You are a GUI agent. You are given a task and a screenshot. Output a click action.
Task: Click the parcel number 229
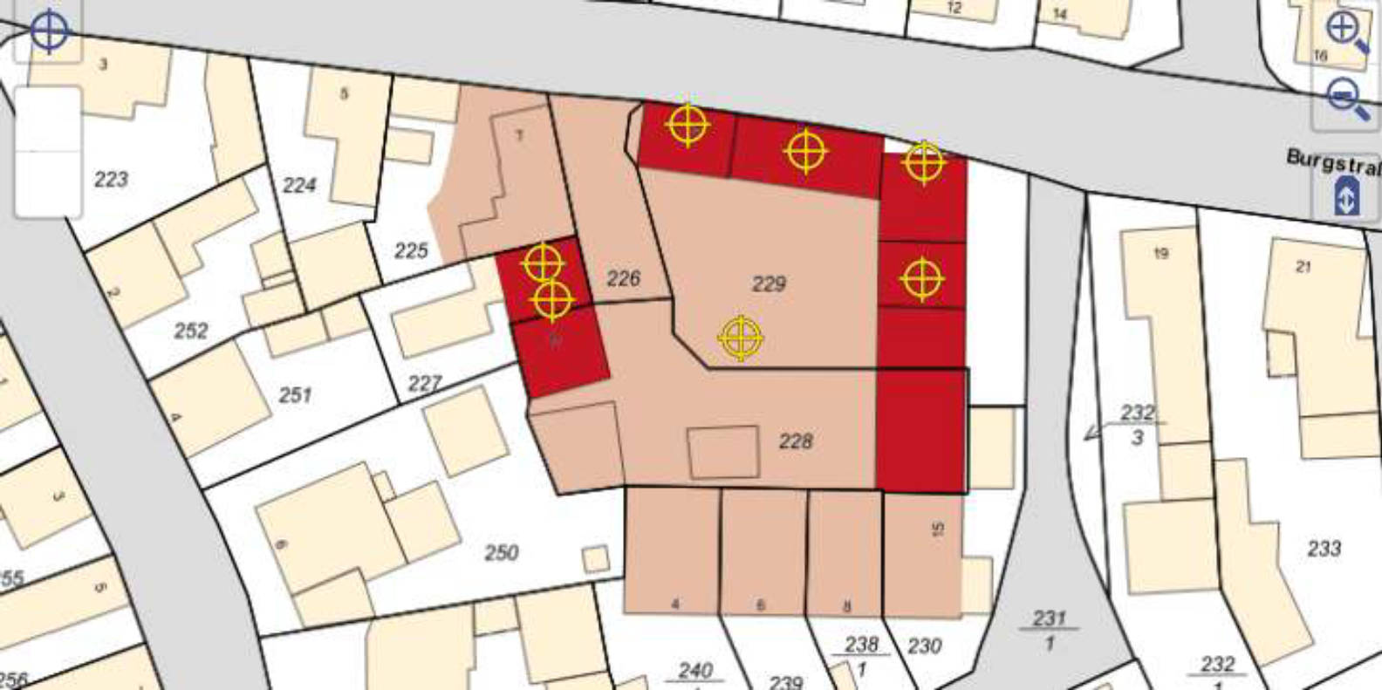pos(769,284)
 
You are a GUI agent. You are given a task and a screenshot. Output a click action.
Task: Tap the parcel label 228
pos(795,441)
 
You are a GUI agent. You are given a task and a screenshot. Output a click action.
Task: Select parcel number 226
pos(623,278)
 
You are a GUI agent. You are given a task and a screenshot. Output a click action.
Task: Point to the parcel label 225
pos(411,251)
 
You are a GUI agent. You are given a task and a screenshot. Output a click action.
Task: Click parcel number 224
pos(299,185)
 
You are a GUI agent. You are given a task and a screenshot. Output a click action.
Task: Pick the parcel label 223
pos(111,180)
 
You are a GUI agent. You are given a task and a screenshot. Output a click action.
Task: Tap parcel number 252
pos(191,331)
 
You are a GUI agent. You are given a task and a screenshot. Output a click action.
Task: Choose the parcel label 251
pos(295,395)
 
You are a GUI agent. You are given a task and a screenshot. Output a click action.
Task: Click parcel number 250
pos(502,552)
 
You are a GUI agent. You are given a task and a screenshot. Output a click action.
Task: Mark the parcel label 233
pos(1324,549)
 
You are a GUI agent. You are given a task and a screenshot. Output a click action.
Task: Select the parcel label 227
pos(425,383)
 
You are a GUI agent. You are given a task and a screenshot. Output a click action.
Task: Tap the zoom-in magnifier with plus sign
pos(1345,32)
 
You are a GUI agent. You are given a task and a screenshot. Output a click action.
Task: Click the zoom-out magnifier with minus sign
pos(1345,97)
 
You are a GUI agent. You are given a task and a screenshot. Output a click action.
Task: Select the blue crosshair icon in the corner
pos(49,31)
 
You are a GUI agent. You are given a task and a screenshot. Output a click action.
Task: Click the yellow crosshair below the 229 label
pos(741,338)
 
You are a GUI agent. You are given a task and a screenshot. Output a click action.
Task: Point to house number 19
pos(1160,254)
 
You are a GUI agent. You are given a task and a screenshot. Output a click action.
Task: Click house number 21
pos(1303,267)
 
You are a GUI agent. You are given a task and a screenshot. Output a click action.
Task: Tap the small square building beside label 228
pos(723,452)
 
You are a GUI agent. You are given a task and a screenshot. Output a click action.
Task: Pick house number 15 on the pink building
pos(938,529)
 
